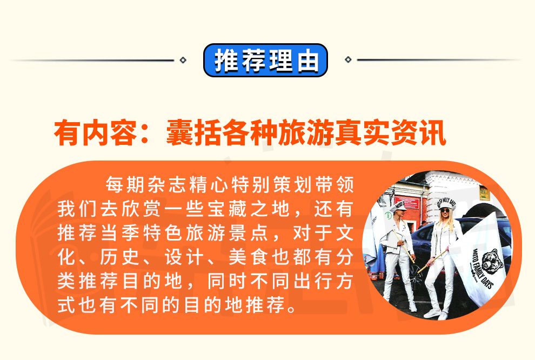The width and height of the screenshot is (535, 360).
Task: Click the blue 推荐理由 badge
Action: coord(265,60)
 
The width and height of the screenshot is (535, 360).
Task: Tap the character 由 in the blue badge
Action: coord(307,61)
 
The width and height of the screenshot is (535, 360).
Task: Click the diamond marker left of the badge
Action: coord(183,60)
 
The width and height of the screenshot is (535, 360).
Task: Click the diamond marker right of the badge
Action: coord(348,59)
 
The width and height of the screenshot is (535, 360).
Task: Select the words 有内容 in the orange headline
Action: coord(96,133)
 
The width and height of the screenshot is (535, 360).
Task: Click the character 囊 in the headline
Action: coord(179,133)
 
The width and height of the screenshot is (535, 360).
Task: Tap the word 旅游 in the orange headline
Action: coord(306,133)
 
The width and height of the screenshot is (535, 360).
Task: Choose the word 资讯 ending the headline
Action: coord(418,133)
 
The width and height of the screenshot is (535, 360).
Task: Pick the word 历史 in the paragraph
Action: coord(119,257)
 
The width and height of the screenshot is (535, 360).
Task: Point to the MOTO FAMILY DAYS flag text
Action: coord(483,270)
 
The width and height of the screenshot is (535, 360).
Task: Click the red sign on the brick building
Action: coord(406,203)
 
